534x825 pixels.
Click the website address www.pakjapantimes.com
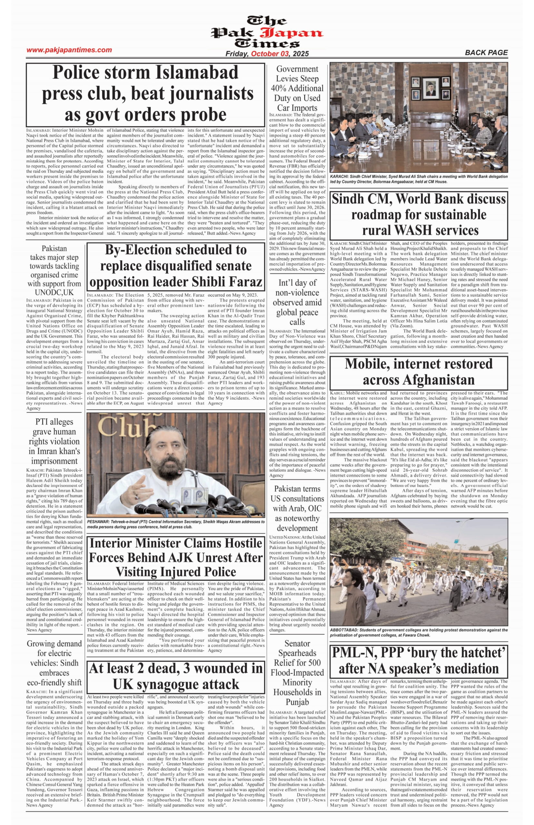(69, 50)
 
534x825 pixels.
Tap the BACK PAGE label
(486, 53)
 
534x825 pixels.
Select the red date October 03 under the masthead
(270, 54)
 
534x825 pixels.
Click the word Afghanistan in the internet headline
(419, 380)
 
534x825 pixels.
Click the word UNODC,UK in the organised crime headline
(54, 292)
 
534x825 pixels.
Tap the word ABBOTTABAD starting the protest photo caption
(344, 630)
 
